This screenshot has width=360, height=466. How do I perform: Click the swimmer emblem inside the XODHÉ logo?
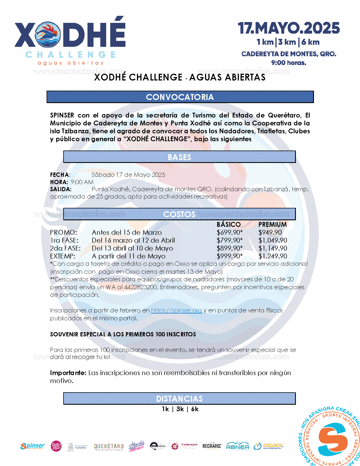coord(48,34)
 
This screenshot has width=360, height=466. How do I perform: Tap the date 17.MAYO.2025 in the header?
coord(289,28)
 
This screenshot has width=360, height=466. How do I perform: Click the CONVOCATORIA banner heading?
coord(180,97)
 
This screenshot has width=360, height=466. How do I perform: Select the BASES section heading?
coord(179,157)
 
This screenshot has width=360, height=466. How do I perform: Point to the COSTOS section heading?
coord(179,214)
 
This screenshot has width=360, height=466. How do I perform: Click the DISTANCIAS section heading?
coord(179,399)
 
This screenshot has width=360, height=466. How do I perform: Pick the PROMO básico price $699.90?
coord(229,232)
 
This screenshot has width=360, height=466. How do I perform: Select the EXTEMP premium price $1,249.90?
coord(273,256)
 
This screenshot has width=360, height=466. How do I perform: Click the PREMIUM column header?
coord(272,225)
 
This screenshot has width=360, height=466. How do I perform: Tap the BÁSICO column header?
coord(229,225)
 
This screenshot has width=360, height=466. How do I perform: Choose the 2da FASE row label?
coord(65,248)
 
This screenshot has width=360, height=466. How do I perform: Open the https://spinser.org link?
coord(176,310)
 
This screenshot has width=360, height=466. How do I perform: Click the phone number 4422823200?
coord(141,287)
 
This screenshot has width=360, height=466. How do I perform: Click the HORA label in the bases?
coord(59,182)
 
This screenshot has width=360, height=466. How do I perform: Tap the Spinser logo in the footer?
coord(32,446)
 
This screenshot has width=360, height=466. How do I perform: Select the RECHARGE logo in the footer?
coord(212,446)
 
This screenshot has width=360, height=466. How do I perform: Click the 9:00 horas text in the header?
coord(289,63)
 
